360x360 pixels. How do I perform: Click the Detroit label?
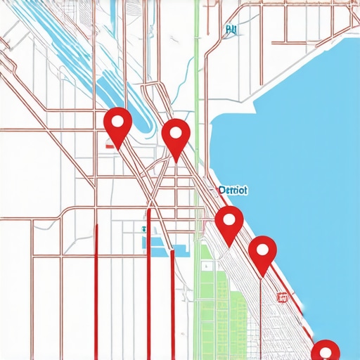coord(233,190)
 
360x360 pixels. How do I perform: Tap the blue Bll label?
coord(231,30)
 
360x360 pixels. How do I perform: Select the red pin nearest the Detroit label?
coord(229,224)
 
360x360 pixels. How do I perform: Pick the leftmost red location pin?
coord(117,125)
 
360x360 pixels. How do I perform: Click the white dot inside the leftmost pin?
coord(117,120)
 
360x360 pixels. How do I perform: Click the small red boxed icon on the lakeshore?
coord(283,297)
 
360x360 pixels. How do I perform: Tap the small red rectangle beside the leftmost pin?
coord(110,146)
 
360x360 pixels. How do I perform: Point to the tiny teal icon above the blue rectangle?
coord(143,229)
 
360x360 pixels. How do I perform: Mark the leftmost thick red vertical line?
coord(96,288)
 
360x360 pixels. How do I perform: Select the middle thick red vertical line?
coord(148,281)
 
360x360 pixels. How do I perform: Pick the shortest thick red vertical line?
coord(173,302)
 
